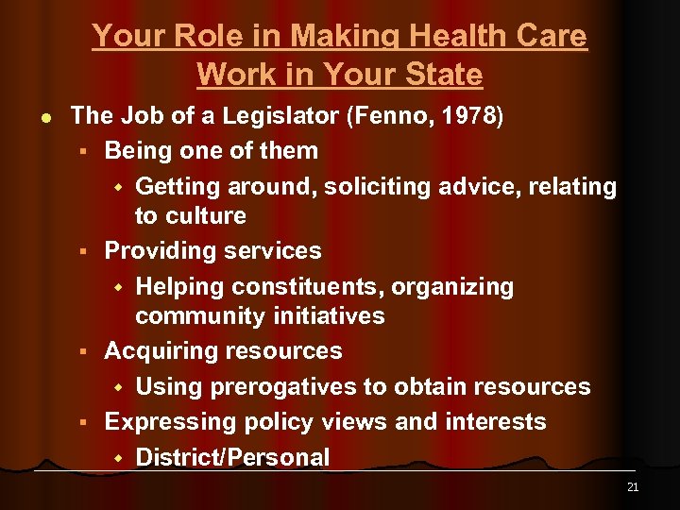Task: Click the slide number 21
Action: (x=633, y=487)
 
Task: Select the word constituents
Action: (x=317, y=286)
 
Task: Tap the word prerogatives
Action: (x=285, y=387)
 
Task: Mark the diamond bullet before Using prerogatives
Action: (x=119, y=387)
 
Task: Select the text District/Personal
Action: (x=232, y=457)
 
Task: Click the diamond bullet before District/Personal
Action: (x=119, y=457)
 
